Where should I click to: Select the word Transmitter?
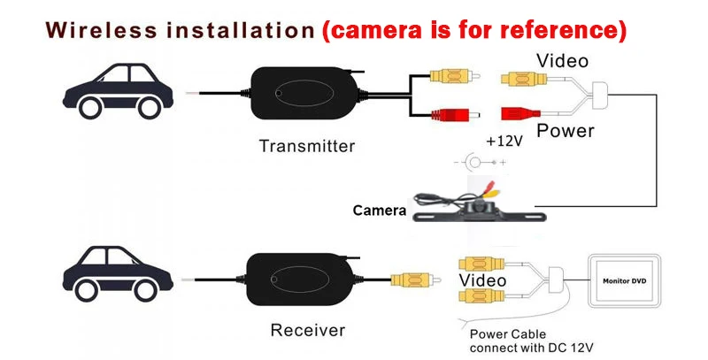(x=306, y=146)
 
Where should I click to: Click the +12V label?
(x=503, y=141)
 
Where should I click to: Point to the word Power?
(x=566, y=131)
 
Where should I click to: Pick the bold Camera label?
(x=379, y=211)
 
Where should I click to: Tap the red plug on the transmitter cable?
(x=450, y=114)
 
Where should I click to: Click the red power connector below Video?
(x=521, y=114)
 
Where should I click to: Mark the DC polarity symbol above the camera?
(x=479, y=165)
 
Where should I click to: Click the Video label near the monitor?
(x=481, y=280)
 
